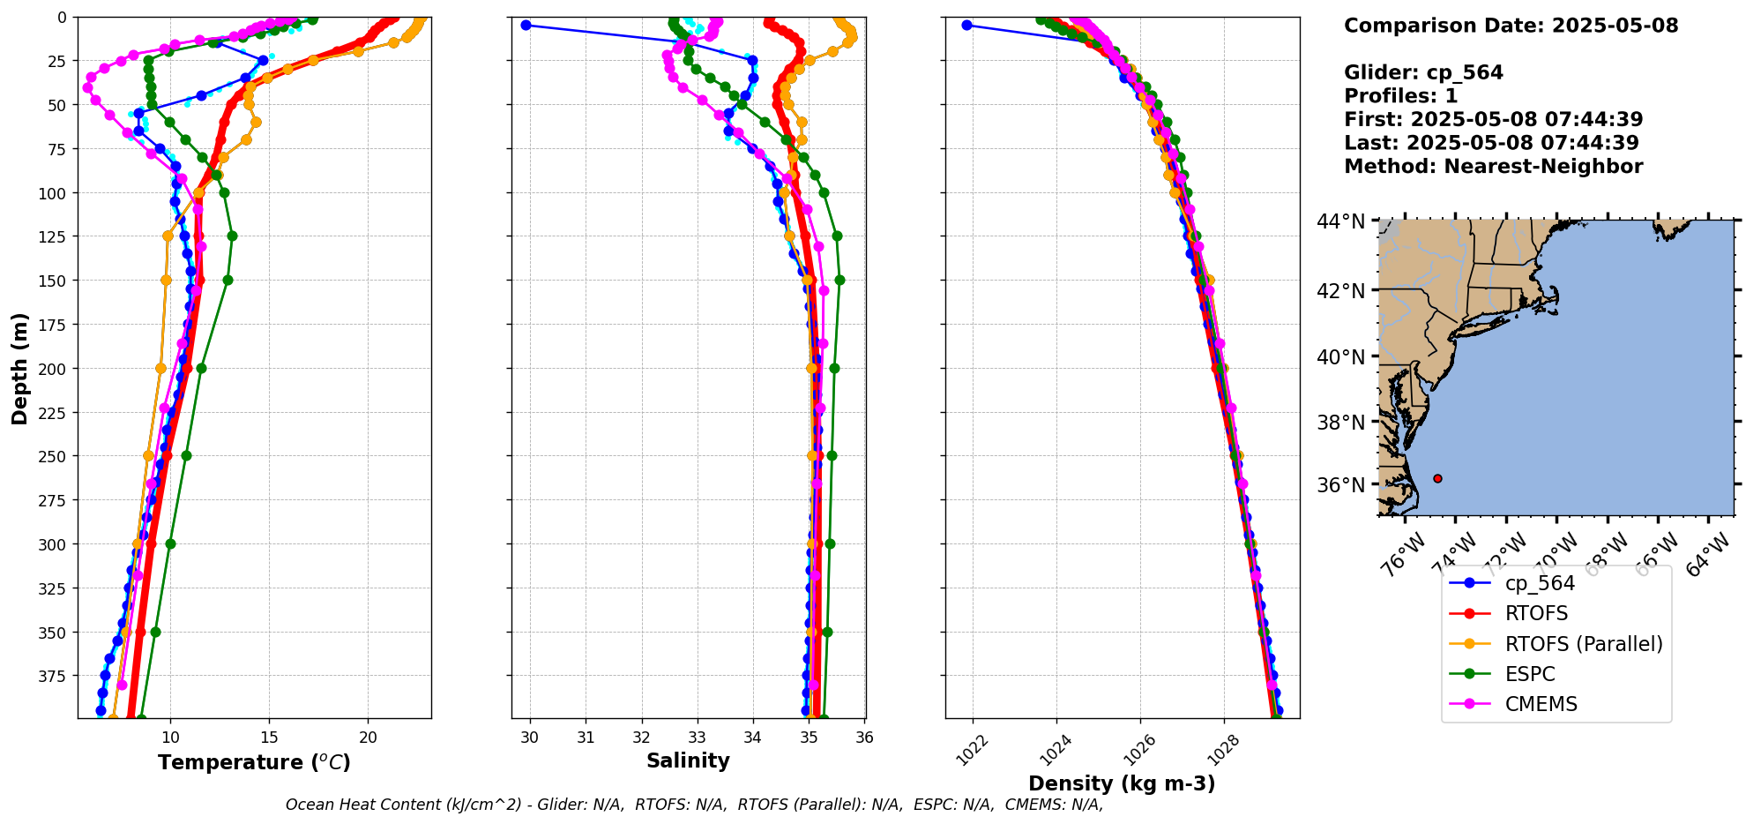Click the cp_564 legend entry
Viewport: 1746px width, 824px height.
1539,583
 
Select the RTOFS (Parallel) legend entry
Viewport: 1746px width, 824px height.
1583,644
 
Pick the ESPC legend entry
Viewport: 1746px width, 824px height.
1529,674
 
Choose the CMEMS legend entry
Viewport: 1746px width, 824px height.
1540,704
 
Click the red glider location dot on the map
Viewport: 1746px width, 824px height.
1437,478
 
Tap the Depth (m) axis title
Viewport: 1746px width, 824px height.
19,368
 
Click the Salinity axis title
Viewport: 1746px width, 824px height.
688,760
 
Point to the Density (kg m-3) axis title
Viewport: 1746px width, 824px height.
1122,783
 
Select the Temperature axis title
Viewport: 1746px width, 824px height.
254,762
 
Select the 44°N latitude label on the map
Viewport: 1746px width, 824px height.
1340,221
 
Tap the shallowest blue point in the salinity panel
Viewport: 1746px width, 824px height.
526,25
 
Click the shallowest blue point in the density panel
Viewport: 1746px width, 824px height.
966,25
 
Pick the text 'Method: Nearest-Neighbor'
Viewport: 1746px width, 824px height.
1493,167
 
